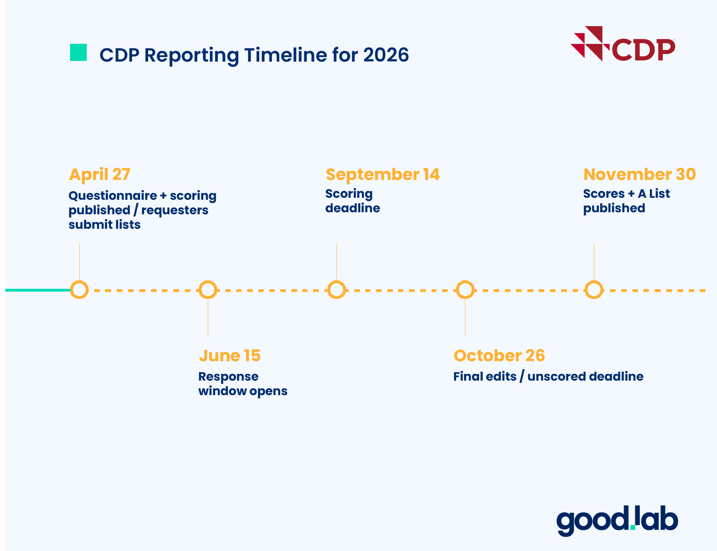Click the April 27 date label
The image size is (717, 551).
tap(99, 174)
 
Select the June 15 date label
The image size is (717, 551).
tap(229, 356)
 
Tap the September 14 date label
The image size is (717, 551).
tap(382, 174)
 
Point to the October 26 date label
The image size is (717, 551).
tap(499, 356)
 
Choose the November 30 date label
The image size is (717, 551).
tap(639, 174)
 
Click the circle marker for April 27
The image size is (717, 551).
tap(79, 290)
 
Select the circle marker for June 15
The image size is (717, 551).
tap(208, 290)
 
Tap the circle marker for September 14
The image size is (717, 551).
tap(337, 290)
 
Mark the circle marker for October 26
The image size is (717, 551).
tap(465, 290)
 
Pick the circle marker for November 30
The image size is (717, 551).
tap(594, 290)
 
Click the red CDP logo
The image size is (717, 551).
tap(623, 44)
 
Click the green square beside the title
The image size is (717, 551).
tap(78, 52)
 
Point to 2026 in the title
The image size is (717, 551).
tap(386, 55)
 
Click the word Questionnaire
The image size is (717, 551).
tap(112, 196)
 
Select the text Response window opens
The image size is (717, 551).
tap(242, 383)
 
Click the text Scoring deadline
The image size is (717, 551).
tap(352, 201)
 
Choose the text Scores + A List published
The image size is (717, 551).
tap(626, 201)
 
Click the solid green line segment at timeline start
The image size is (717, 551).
tap(38, 290)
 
